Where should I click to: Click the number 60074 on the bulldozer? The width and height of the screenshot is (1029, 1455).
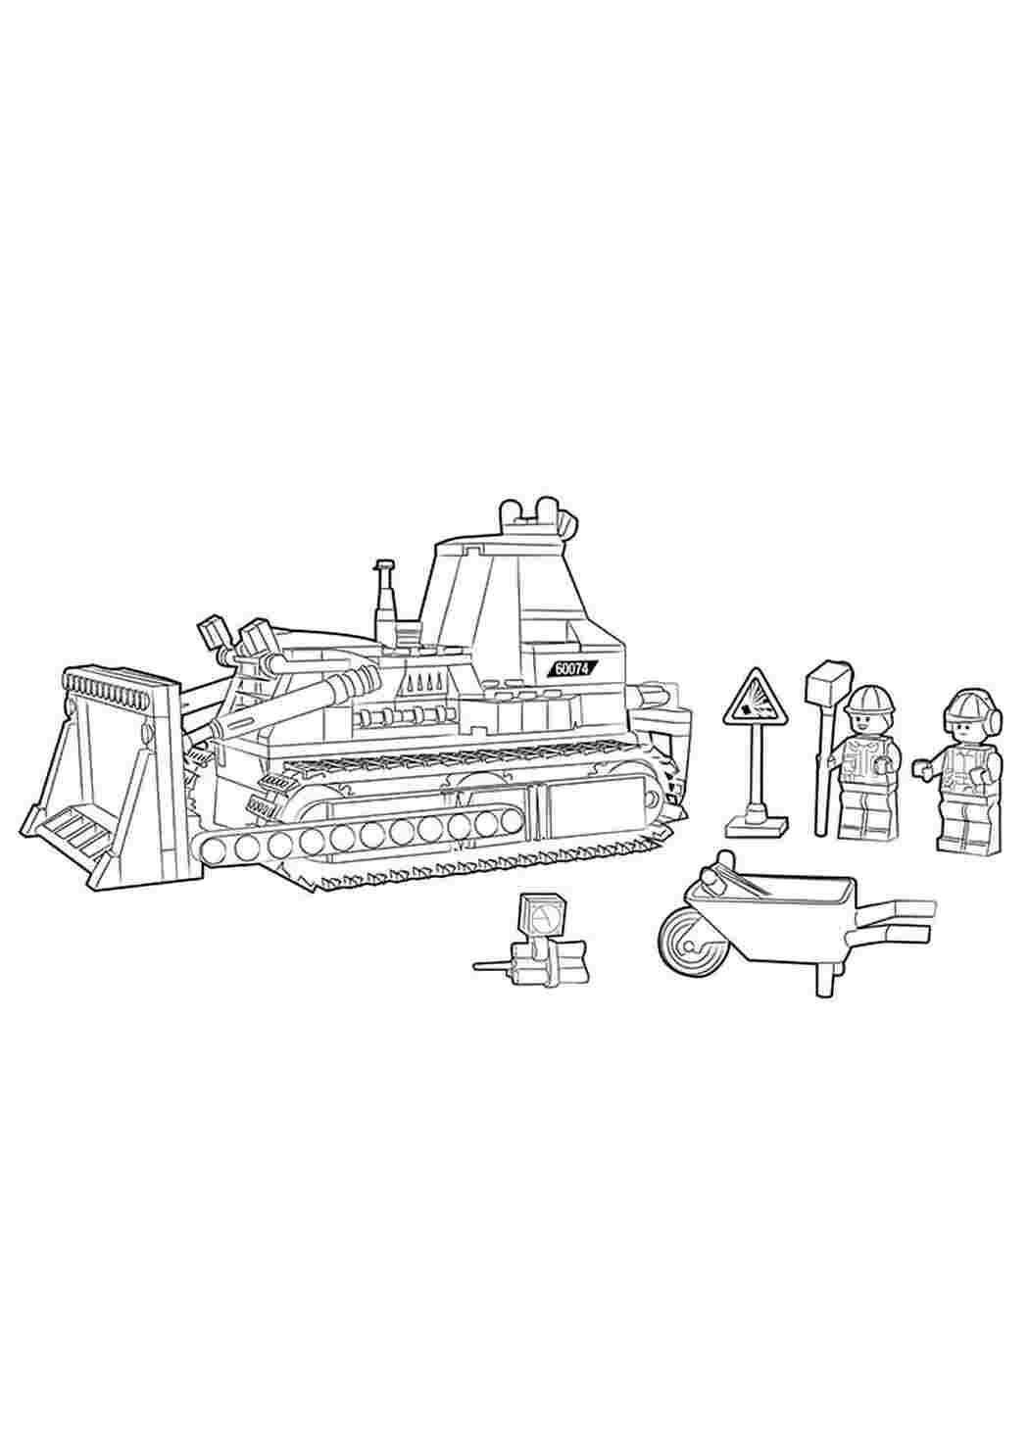tap(572, 669)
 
